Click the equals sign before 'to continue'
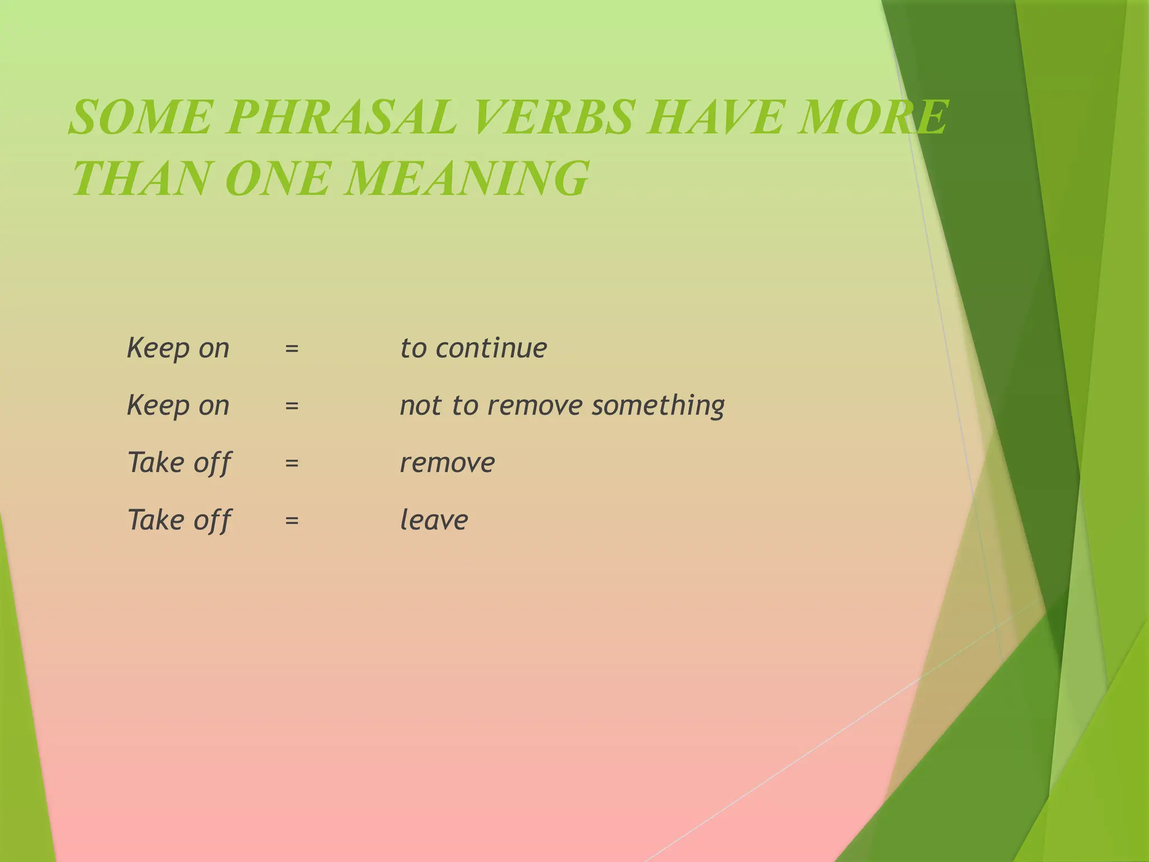[x=292, y=349]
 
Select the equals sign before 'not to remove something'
[x=292, y=406]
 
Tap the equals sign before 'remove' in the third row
[x=292, y=464]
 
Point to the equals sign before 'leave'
[x=292, y=521]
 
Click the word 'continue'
[x=491, y=349]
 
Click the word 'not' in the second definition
[x=420, y=406]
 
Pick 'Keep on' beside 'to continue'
[x=178, y=349]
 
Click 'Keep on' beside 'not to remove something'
[x=178, y=406]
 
